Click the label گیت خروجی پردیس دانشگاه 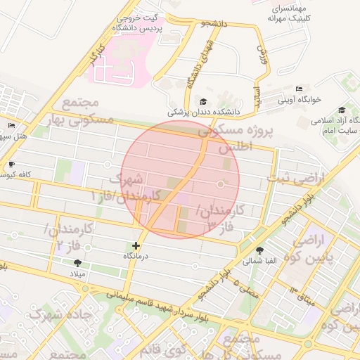138,22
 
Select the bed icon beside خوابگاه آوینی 299,89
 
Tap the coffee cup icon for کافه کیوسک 11,165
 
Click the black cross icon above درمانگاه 136,246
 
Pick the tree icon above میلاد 77,262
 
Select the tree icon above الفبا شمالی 260,250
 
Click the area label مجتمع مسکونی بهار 88,111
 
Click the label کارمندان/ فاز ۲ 60,237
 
